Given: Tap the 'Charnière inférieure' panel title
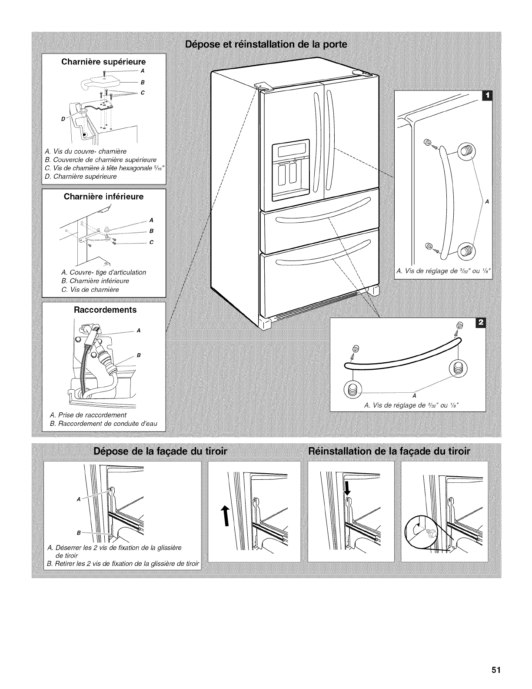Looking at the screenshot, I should tap(103, 197).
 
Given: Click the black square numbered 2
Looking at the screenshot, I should tap(481, 322).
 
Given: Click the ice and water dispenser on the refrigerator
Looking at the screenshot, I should tap(290, 170).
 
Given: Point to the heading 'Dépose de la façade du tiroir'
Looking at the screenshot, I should tap(160, 451).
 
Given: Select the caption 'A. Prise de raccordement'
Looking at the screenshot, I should tap(88, 415).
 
